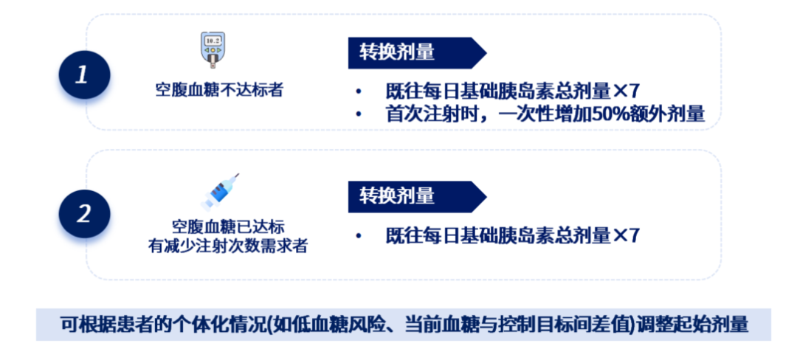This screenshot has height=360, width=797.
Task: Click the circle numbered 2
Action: [84, 214]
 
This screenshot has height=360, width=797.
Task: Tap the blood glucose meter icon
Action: [213, 49]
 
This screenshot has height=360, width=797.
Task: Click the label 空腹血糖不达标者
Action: [218, 91]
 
